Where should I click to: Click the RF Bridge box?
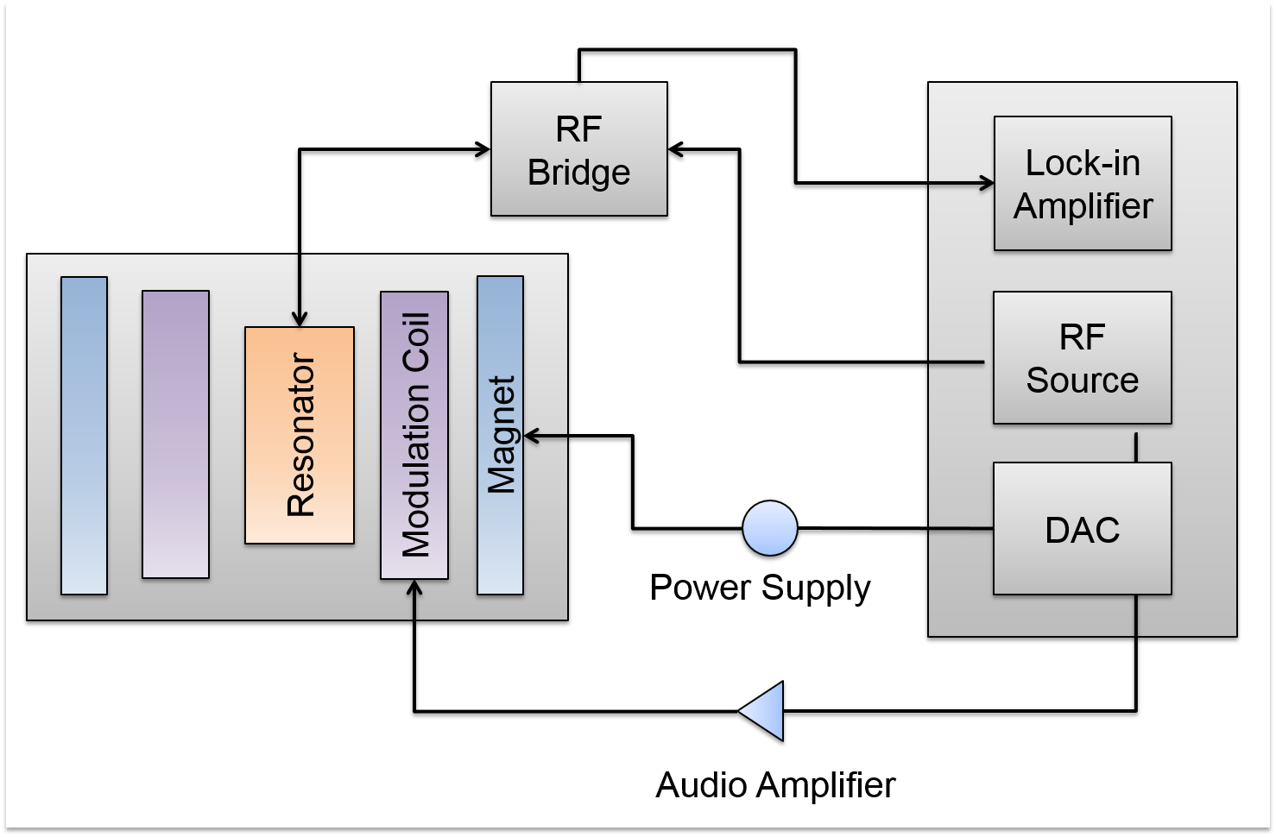pyautogui.click(x=578, y=148)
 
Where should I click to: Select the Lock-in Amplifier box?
pyautogui.click(x=1083, y=184)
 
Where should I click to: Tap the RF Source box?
pyautogui.click(x=1082, y=358)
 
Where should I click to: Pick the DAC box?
pyautogui.click(x=1082, y=529)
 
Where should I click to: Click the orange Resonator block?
pyautogui.click(x=300, y=435)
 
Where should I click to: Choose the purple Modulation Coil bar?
pyautogui.click(x=414, y=435)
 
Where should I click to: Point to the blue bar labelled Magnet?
pyautogui.click(x=501, y=435)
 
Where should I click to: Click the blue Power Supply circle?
pyautogui.click(x=770, y=527)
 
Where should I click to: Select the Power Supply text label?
pyautogui.click(x=760, y=588)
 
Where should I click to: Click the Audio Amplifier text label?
pyautogui.click(x=775, y=785)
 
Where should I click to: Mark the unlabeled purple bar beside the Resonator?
pyautogui.click(x=175, y=434)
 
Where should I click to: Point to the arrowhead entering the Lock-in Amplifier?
pyautogui.click(x=986, y=183)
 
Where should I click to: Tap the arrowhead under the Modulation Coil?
pyautogui.click(x=414, y=587)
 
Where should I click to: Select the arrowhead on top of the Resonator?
pyautogui.click(x=300, y=319)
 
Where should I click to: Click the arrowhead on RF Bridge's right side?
pyautogui.click(x=676, y=150)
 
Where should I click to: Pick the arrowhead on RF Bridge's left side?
pyautogui.click(x=483, y=150)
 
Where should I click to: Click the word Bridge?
pyautogui.click(x=578, y=173)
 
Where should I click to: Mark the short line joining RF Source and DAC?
pyautogui.click(x=1136, y=447)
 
